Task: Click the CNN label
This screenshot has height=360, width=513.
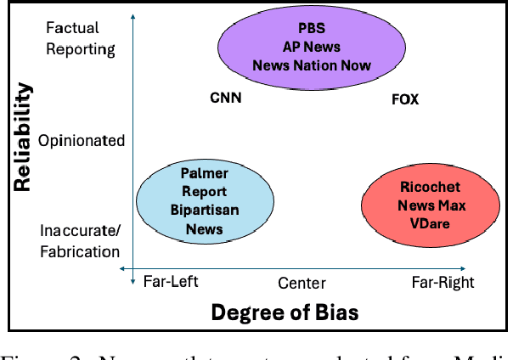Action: click(226, 98)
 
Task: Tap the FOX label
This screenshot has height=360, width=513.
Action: click(405, 99)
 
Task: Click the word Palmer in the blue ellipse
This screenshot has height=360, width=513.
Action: click(205, 174)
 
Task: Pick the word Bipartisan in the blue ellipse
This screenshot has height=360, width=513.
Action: click(205, 211)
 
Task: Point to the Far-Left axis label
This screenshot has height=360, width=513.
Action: click(170, 282)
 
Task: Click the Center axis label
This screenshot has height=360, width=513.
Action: click(302, 284)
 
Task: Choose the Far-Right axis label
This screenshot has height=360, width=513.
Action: click(443, 282)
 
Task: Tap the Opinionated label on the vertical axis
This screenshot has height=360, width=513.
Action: click(82, 141)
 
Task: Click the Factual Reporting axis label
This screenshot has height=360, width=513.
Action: click(81, 38)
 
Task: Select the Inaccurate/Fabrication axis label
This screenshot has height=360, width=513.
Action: click(81, 240)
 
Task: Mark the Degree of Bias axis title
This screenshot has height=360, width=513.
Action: click(285, 312)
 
